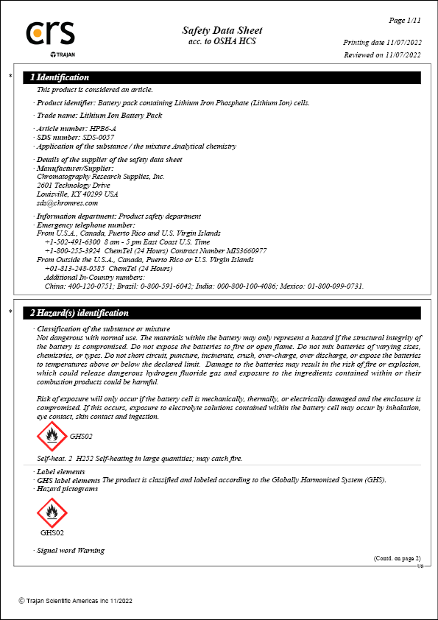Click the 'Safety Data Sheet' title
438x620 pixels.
point(222,30)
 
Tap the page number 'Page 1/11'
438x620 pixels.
point(405,19)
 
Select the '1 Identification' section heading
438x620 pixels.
point(60,77)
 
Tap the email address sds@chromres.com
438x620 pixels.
point(67,202)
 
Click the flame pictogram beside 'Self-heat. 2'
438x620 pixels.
point(51,437)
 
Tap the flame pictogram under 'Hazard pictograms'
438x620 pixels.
point(51,511)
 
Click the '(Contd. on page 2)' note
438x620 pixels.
point(397,558)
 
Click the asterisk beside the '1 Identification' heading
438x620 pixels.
point(10,77)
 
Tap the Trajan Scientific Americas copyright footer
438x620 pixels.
point(76,601)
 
